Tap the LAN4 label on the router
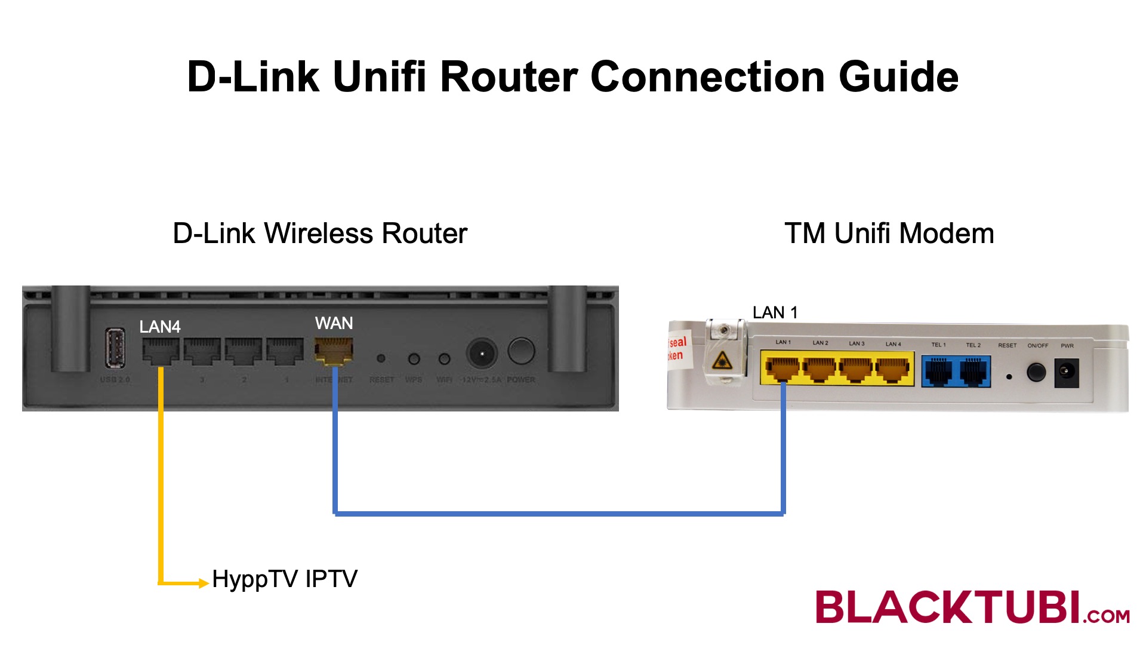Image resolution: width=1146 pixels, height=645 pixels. (160, 327)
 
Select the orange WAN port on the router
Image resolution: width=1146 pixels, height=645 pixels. (334, 351)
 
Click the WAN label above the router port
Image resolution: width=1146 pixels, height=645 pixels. (334, 323)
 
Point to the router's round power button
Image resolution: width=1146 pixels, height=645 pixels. (521, 351)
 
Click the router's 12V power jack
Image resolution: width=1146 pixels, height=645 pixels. (481, 354)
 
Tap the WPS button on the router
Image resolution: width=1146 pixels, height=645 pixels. (414, 359)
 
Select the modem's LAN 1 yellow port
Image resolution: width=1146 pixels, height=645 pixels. (782, 369)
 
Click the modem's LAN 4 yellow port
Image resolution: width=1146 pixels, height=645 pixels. (892, 369)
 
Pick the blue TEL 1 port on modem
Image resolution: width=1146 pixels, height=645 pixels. (939, 371)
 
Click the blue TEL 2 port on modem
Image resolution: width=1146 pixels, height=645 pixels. (974, 371)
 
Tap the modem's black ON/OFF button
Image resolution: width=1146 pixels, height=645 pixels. (1036, 372)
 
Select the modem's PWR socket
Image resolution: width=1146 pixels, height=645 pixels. (1066, 372)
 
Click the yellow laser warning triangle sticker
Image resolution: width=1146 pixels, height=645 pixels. (722, 360)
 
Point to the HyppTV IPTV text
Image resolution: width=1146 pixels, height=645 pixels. (285, 579)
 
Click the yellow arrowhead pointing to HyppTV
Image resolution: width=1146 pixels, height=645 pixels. (204, 583)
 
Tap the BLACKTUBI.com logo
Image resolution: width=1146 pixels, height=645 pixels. (972, 607)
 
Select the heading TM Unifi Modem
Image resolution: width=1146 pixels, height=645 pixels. (889, 233)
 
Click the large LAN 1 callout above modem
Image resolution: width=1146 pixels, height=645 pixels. (775, 312)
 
